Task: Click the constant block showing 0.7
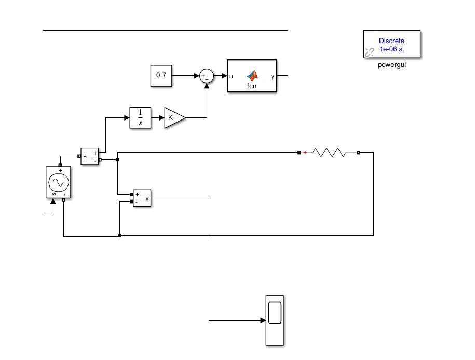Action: (161, 75)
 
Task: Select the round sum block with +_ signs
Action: (207, 76)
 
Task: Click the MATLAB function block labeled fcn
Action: (252, 76)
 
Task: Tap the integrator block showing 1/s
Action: (140, 117)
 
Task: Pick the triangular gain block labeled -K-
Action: (173, 118)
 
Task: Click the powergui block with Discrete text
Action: (392, 44)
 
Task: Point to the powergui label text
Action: (392, 65)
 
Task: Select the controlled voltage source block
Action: (58, 182)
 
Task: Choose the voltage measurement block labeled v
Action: (142, 198)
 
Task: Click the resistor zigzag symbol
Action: (328, 153)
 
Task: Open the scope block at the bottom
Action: (275, 320)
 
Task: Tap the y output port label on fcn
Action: (273, 76)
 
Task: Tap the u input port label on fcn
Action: (232, 76)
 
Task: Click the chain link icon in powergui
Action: (370, 51)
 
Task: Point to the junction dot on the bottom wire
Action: (120, 235)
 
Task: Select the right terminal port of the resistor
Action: (358, 153)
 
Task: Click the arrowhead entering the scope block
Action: (263, 321)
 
